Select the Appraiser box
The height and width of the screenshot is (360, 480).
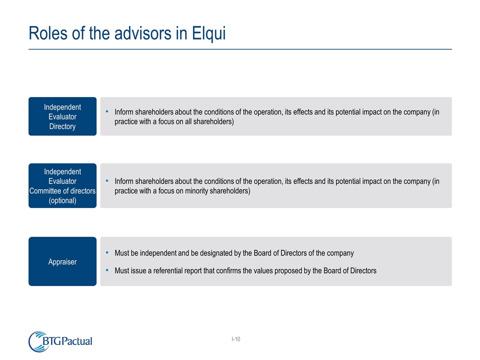[x=62, y=261]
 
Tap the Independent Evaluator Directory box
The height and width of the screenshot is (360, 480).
[x=62, y=116]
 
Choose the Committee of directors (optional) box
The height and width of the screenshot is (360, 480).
[x=62, y=185]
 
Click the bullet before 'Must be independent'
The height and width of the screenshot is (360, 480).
[x=108, y=253]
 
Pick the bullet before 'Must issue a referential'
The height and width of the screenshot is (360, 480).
[x=108, y=270]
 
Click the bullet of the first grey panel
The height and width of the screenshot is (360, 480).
[x=108, y=112]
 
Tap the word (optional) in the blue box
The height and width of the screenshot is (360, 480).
[x=62, y=200]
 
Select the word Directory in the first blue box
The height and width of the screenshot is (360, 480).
[x=62, y=126]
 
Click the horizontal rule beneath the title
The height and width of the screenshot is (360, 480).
[x=240, y=49]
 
